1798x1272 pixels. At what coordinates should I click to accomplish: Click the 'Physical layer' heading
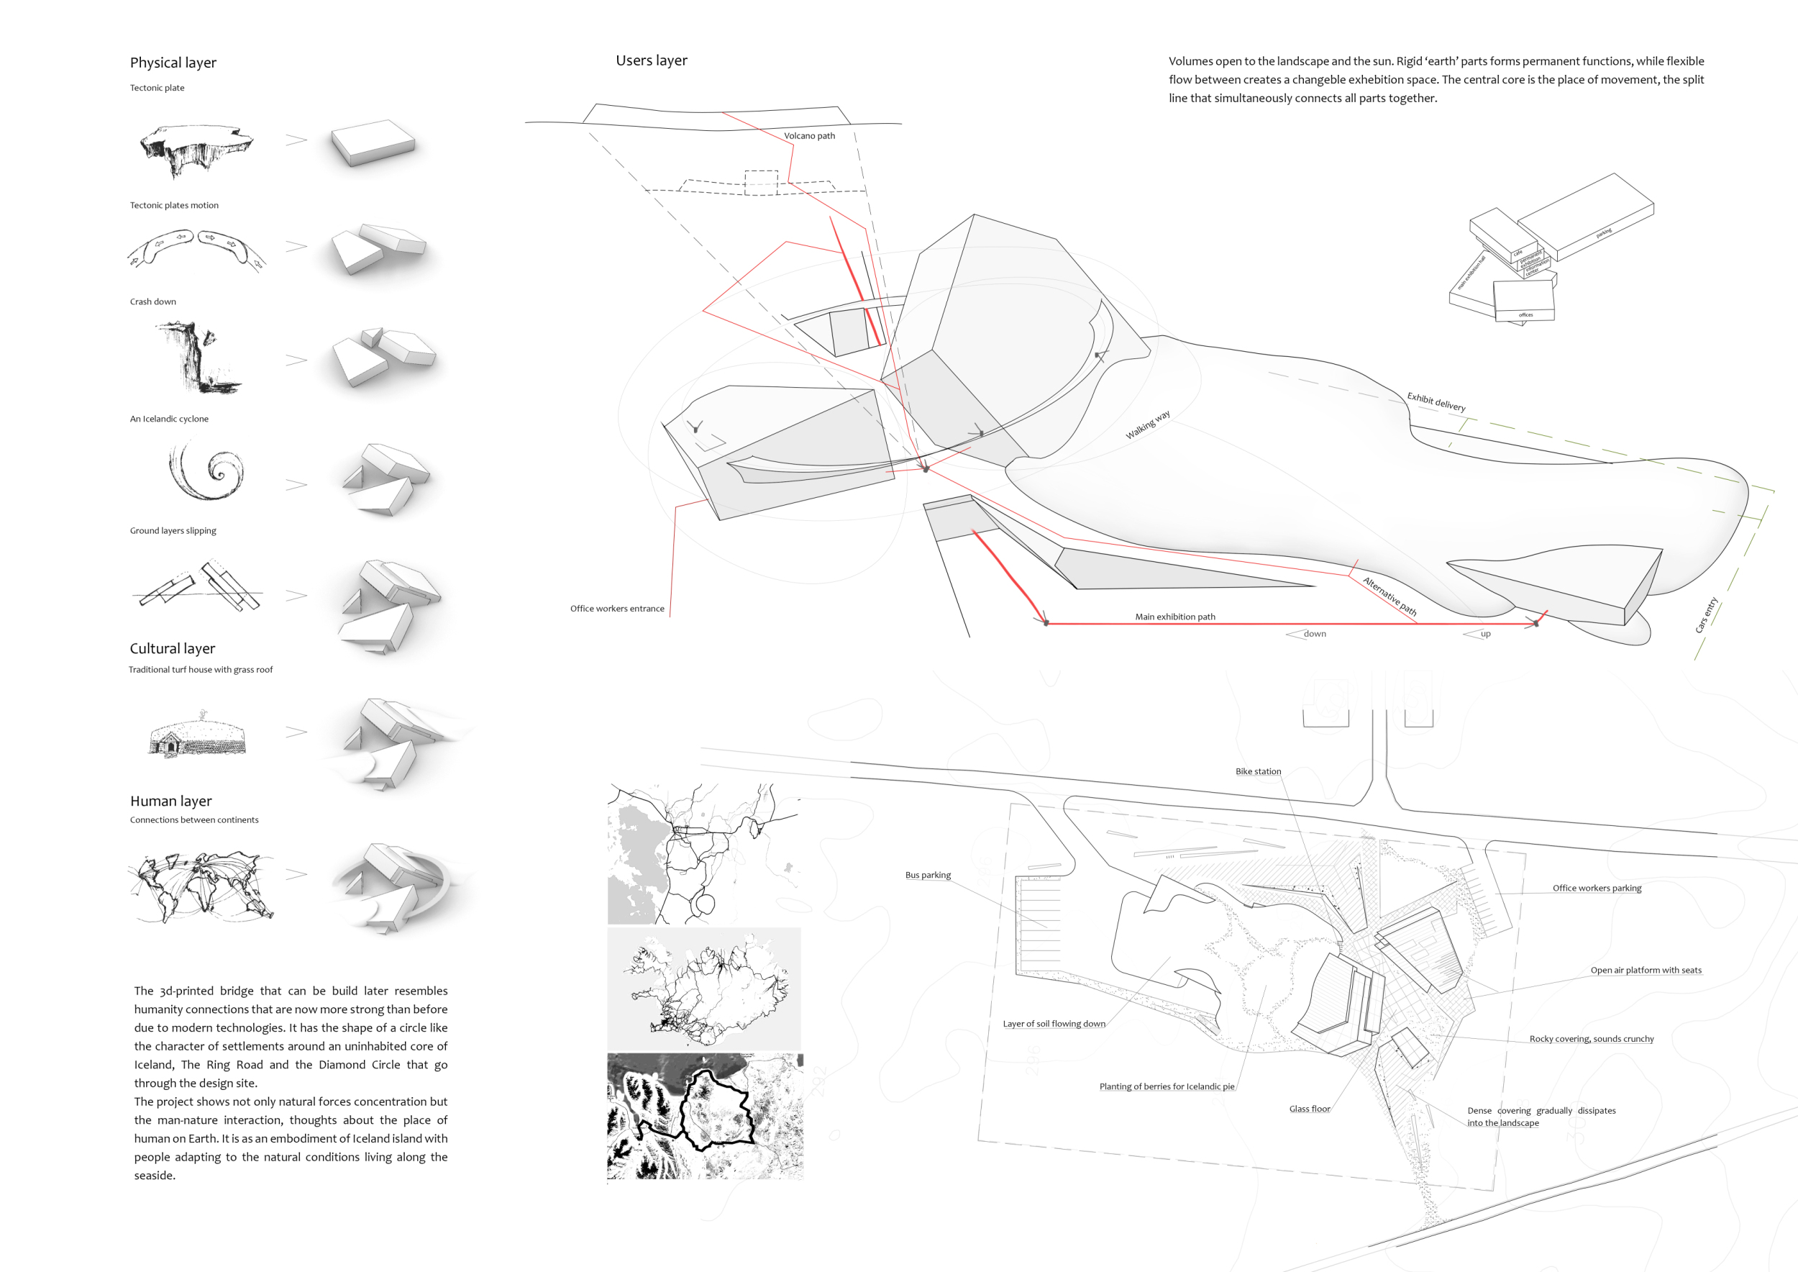pyautogui.click(x=173, y=63)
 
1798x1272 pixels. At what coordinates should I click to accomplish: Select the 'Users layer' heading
pyautogui.click(x=651, y=60)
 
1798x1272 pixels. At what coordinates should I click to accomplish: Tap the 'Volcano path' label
pyautogui.click(x=809, y=135)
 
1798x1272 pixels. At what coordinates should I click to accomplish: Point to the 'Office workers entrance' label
pyautogui.click(x=616, y=609)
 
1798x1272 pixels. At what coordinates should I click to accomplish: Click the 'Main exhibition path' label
pyautogui.click(x=1174, y=617)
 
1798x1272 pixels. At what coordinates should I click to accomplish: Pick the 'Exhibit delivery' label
pyautogui.click(x=1436, y=401)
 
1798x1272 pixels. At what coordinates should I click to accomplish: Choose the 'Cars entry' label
pyautogui.click(x=1706, y=615)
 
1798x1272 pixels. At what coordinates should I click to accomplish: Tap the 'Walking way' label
pyautogui.click(x=1147, y=424)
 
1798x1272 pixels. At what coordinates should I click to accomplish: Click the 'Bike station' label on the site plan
pyautogui.click(x=1258, y=771)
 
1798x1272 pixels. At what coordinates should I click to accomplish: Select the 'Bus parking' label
pyautogui.click(x=927, y=875)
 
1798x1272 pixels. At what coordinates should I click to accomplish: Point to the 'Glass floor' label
pyautogui.click(x=1310, y=1108)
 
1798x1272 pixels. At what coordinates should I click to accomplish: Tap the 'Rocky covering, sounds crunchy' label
pyautogui.click(x=1592, y=1039)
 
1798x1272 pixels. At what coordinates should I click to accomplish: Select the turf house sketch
pyautogui.click(x=197, y=735)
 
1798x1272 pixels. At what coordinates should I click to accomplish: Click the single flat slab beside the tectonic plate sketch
pyautogui.click(x=373, y=142)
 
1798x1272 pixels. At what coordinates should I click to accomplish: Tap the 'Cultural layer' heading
pyautogui.click(x=173, y=648)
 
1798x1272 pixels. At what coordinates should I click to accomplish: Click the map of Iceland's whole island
pyautogui.click(x=704, y=989)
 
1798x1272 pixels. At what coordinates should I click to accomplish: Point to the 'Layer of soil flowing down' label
pyautogui.click(x=1054, y=1024)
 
